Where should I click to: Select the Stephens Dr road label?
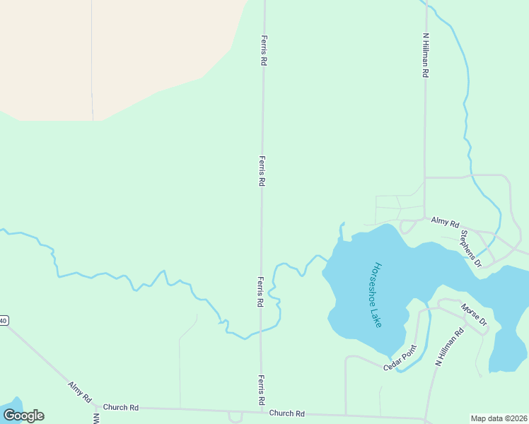point(470,248)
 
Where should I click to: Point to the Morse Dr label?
point(474,315)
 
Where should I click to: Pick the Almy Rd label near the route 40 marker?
point(80,392)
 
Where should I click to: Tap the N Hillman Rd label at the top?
point(425,54)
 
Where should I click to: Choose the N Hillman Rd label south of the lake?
point(449,346)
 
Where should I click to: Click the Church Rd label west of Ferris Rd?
point(120,408)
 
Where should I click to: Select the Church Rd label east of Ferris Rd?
point(286,413)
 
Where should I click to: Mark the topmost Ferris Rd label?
point(264,51)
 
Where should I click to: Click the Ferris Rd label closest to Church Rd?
point(262,389)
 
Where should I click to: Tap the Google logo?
point(23,416)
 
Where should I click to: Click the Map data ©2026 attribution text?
point(499,418)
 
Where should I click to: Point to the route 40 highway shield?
point(3,321)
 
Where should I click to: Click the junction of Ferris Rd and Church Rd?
point(262,410)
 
